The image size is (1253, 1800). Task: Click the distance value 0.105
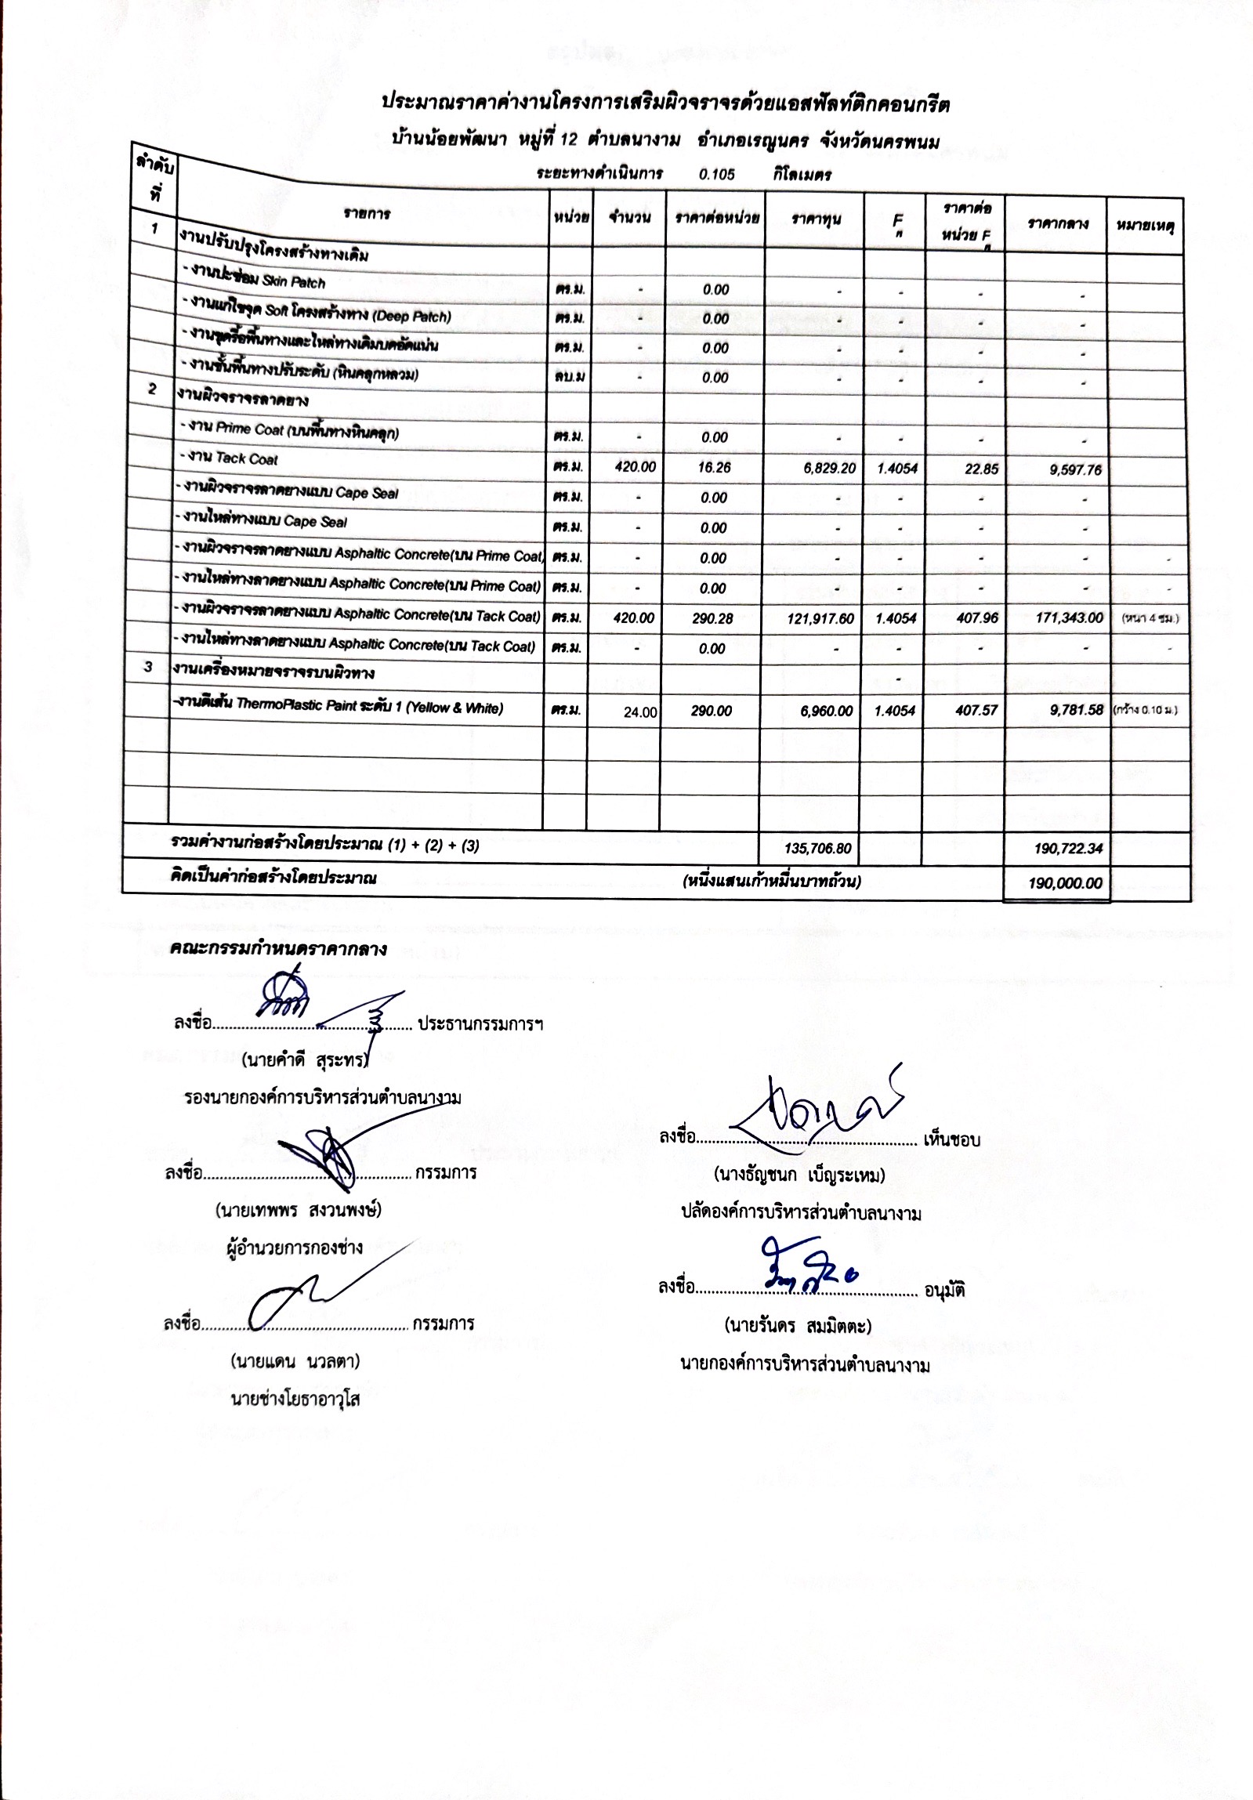[x=717, y=175]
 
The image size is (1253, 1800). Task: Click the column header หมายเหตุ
[x=1145, y=226]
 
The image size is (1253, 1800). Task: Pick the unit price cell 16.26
[x=714, y=467]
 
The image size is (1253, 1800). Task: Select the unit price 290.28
[x=713, y=618]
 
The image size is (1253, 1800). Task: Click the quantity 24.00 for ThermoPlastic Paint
[x=641, y=712]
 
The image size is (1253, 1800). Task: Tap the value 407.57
[x=978, y=710]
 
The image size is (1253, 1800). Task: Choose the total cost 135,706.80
[x=818, y=848]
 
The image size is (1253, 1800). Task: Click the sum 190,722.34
[x=1066, y=849]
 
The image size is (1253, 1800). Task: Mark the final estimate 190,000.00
[x=1065, y=883]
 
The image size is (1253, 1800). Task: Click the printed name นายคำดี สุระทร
[x=306, y=1063]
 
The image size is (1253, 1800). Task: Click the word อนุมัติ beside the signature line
[x=945, y=1290]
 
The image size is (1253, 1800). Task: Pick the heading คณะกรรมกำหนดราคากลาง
[x=278, y=950]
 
